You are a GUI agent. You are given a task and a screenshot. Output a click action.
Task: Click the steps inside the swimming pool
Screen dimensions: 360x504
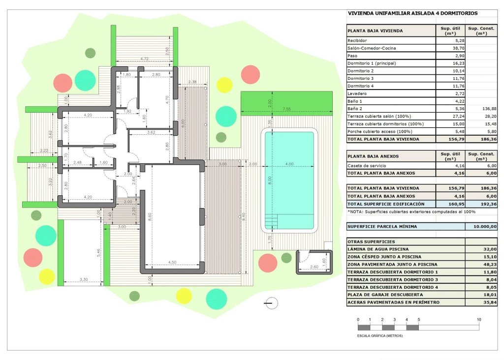click(x=272, y=220)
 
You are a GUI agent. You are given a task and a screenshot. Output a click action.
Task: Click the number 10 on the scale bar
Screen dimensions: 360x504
click(x=479, y=320)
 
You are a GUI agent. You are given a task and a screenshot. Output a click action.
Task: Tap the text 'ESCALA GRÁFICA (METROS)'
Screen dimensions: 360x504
click(x=380, y=336)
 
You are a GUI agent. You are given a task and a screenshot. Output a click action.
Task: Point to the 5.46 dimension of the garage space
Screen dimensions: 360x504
click(x=99, y=254)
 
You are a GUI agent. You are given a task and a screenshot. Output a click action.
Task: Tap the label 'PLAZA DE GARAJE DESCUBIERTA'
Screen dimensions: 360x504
click(x=385, y=295)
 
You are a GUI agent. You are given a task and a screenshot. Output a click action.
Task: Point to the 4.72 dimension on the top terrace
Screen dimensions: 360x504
click(x=145, y=59)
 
